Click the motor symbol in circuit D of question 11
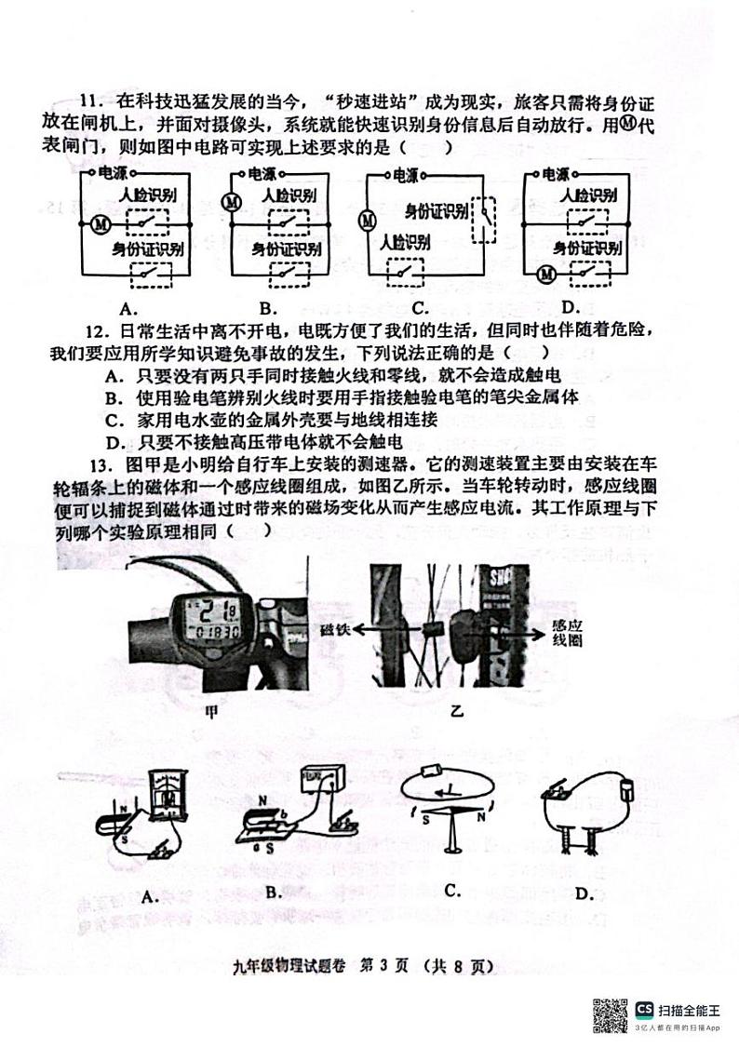[x=546, y=273]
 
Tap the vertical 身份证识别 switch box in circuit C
[x=484, y=220]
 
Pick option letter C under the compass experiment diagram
[x=452, y=890]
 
